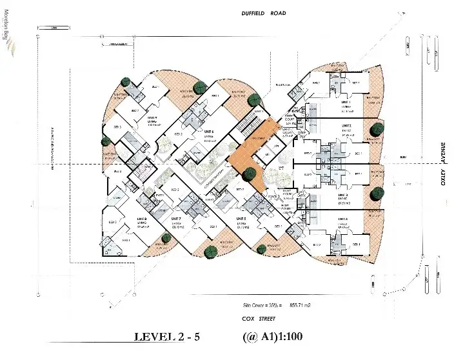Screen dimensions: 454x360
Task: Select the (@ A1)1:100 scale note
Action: pyautogui.click(x=273, y=337)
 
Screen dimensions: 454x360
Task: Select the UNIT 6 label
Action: pyautogui.click(x=208, y=132)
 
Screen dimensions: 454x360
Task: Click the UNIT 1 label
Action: pyautogui.click(x=346, y=102)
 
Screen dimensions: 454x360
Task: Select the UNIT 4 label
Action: pyautogui.click(x=343, y=219)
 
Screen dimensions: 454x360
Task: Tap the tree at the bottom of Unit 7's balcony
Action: pyautogui.click(x=208, y=252)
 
